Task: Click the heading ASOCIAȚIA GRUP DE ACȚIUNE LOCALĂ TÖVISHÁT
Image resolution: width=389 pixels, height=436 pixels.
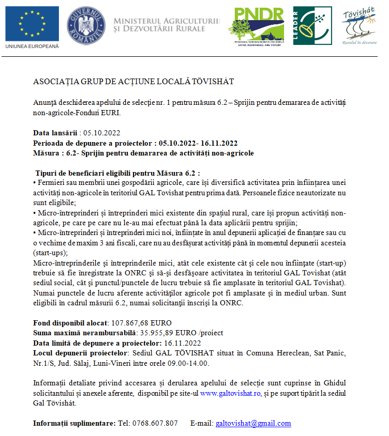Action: coord(133,82)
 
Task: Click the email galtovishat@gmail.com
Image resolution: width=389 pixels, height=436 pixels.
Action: coord(253,423)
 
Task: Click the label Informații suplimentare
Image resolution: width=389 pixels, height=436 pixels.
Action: coord(74,423)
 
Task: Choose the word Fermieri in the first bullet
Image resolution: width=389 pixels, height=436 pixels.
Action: coord(51,183)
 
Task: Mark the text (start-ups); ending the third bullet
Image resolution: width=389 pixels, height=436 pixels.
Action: coord(50,253)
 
